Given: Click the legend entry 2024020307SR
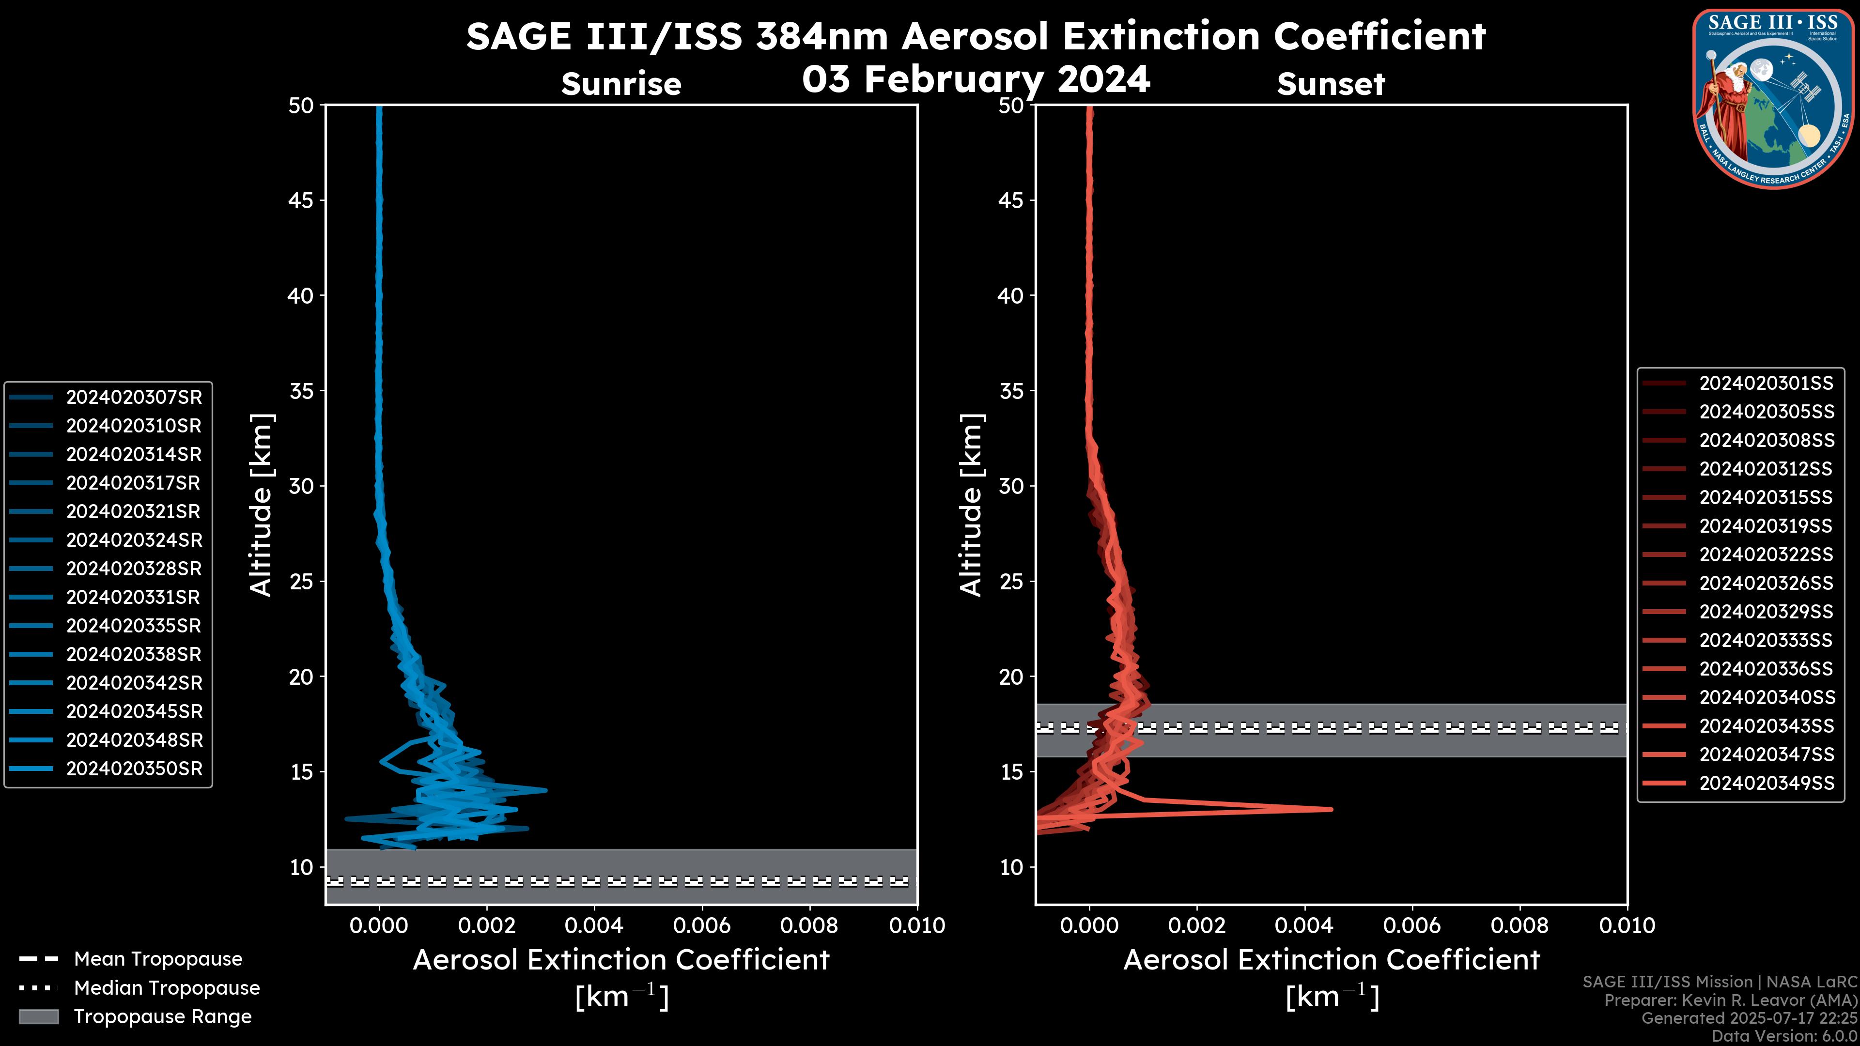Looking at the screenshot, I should (x=134, y=397).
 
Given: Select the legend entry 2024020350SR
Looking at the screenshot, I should (x=134, y=769).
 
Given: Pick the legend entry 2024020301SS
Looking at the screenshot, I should (x=1766, y=384).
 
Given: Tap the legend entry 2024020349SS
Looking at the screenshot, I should (x=1766, y=783).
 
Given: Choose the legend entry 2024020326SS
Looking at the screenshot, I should (x=1766, y=583).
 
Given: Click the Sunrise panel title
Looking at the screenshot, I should (x=621, y=84).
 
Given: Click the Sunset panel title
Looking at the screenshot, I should (x=1331, y=84).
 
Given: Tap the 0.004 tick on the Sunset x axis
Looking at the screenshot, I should (x=1305, y=925).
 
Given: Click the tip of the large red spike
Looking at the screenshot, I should (x=1331, y=809).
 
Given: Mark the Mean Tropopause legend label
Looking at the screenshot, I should (x=158, y=959).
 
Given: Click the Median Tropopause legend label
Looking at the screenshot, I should (x=167, y=988).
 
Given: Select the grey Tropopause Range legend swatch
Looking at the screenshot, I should (x=39, y=1016).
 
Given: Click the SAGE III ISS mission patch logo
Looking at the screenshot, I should (x=1773, y=97).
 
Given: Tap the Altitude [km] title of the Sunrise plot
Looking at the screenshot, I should (x=261, y=505).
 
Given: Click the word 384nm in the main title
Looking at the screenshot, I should (x=821, y=36).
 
